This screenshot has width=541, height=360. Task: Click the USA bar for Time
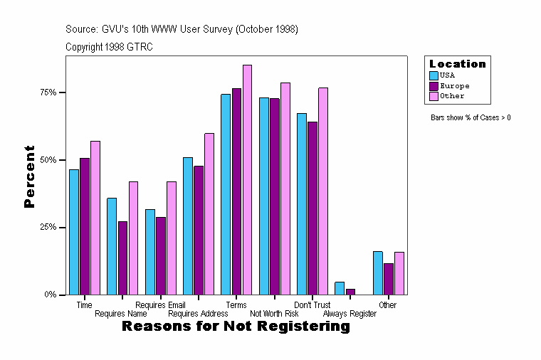point(74,232)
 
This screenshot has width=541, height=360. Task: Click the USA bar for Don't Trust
point(302,203)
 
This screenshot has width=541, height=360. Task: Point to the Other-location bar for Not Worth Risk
point(285,189)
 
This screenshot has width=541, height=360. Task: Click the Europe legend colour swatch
point(434,85)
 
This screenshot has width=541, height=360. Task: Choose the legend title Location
point(457,64)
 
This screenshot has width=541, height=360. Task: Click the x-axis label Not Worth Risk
point(274,313)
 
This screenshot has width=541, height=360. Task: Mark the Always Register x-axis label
point(350,313)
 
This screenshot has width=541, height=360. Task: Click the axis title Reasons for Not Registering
point(236,327)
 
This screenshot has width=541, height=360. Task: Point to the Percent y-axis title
point(29,176)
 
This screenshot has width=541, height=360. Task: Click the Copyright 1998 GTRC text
point(109,47)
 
